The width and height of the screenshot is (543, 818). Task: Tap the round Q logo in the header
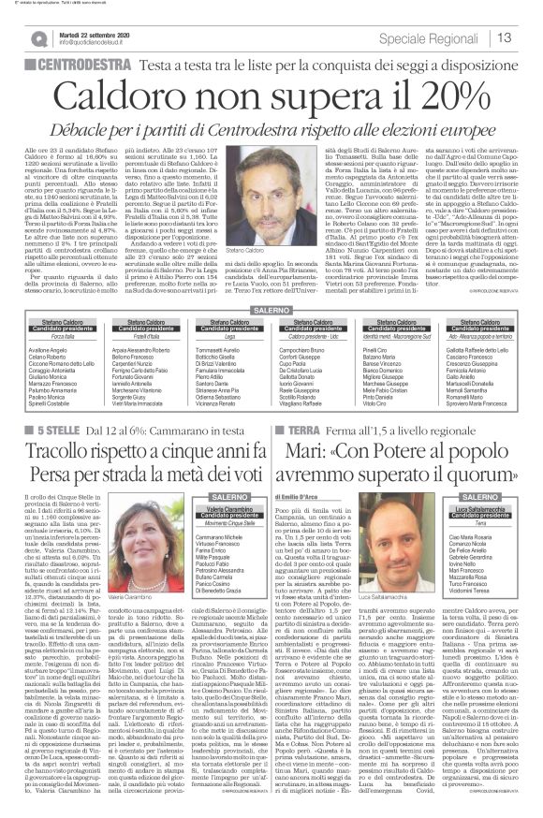[38, 38]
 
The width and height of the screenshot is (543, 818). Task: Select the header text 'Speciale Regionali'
[435, 38]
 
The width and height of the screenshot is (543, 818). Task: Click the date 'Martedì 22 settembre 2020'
[96, 32]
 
